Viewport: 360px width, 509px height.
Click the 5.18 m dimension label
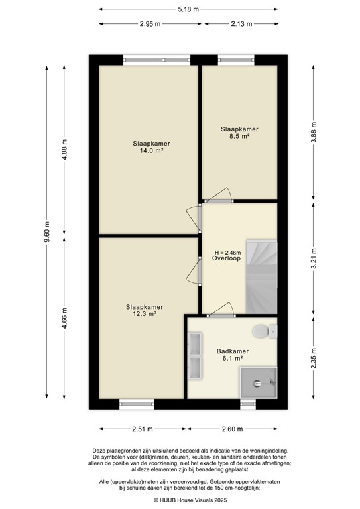(181, 9)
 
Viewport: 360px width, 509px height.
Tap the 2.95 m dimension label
(150, 23)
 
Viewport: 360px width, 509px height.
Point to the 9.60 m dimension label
(46, 232)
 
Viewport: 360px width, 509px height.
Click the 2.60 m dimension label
(232, 428)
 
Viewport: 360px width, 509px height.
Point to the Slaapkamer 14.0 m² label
(148, 146)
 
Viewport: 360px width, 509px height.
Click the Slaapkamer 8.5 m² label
(239, 133)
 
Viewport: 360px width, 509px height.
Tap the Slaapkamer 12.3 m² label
(141, 310)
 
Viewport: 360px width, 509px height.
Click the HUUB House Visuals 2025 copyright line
(181, 500)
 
